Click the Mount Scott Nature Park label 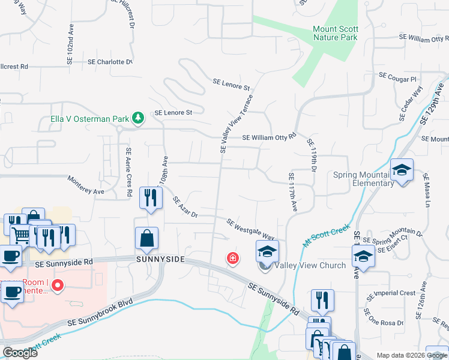pos(335,33)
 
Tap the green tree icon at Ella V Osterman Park pos(138,118)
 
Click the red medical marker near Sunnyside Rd pos(232,259)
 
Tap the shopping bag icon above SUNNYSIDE pos(147,239)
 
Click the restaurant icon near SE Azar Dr pos(151,198)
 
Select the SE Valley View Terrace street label pos(236,124)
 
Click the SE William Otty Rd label pos(269,137)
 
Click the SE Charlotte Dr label pos(110,62)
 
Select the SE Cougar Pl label pos(397,79)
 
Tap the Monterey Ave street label pos(86,185)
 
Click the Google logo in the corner pos(20,352)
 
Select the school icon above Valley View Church pos(268,252)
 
